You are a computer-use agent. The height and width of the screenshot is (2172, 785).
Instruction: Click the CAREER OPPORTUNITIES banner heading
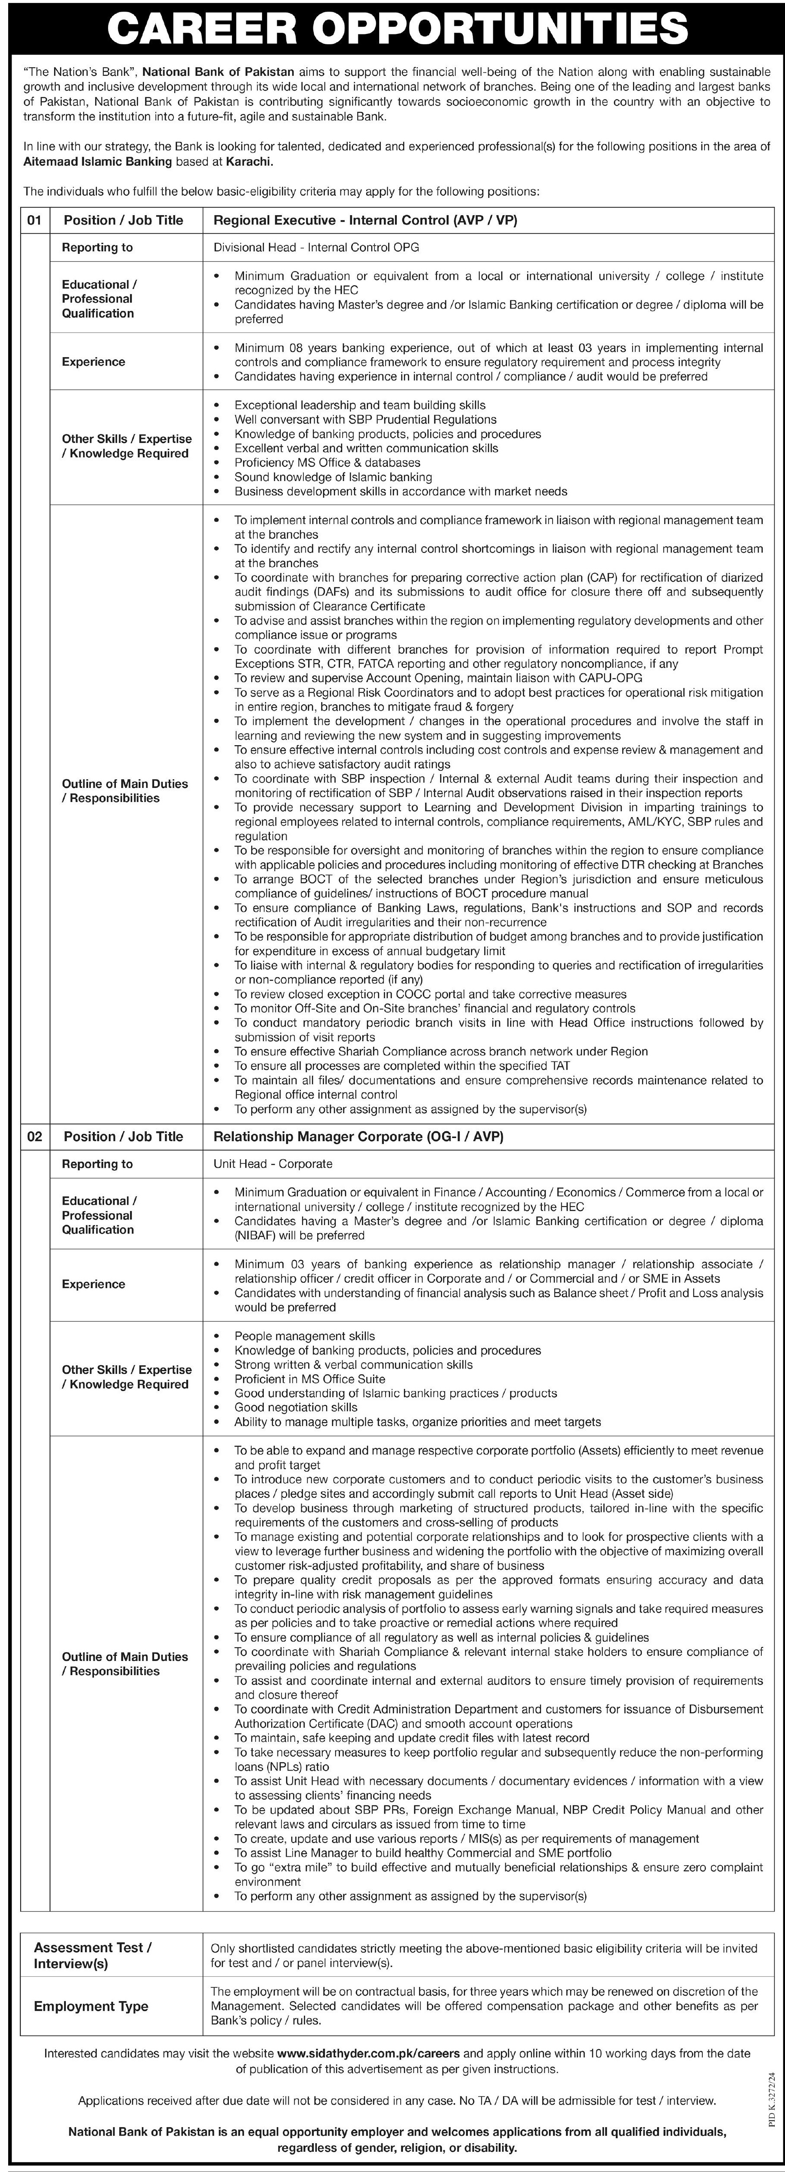[392, 28]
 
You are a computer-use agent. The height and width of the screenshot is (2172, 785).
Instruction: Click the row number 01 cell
[34, 220]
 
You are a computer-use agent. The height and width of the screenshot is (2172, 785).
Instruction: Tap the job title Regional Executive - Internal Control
[365, 220]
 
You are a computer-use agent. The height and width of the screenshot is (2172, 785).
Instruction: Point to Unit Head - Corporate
[273, 1163]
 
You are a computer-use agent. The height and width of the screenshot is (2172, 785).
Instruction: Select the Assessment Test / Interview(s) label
[93, 1955]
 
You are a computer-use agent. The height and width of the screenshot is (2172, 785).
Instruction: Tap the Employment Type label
[91, 2007]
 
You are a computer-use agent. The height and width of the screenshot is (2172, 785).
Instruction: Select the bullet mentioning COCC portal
[430, 994]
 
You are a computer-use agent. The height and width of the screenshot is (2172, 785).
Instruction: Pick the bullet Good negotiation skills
[296, 1407]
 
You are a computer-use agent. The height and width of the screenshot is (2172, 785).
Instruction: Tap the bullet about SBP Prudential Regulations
[365, 419]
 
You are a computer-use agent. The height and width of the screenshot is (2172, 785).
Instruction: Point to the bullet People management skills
[304, 1336]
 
